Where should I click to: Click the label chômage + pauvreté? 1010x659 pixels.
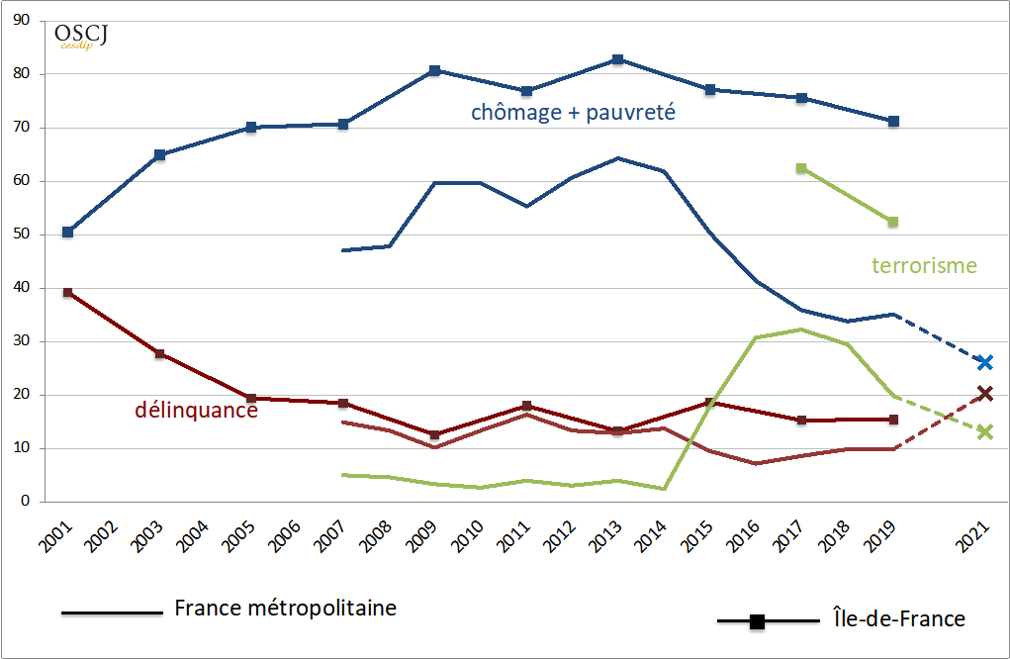(x=573, y=112)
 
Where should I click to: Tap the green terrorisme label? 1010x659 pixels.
(x=924, y=265)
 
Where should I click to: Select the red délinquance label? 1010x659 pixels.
(x=196, y=409)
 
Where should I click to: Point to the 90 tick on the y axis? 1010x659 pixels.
(x=21, y=21)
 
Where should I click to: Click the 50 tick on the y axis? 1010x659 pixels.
(x=21, y=235)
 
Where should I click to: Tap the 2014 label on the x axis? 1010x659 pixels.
(x=653, y=539)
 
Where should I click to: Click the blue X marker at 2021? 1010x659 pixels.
(x=984, y=362)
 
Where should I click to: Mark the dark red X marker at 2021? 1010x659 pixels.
(x=984, y=394)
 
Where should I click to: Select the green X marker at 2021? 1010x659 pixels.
(x=984, y=431)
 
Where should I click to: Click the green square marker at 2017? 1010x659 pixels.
(x=801, y=168)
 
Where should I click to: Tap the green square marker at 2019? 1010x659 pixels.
(x=893, y=222)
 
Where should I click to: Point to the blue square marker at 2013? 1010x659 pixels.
(x=618, y=59)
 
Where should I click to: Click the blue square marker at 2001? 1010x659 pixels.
(x=67, y=232)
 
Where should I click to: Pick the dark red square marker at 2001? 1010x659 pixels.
(x=67, y=293)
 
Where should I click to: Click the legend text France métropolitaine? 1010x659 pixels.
(x=285, y=608)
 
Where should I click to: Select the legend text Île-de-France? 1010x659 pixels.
(x=892, y=619)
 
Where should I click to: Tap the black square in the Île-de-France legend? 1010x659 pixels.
(x=756, y=621)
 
